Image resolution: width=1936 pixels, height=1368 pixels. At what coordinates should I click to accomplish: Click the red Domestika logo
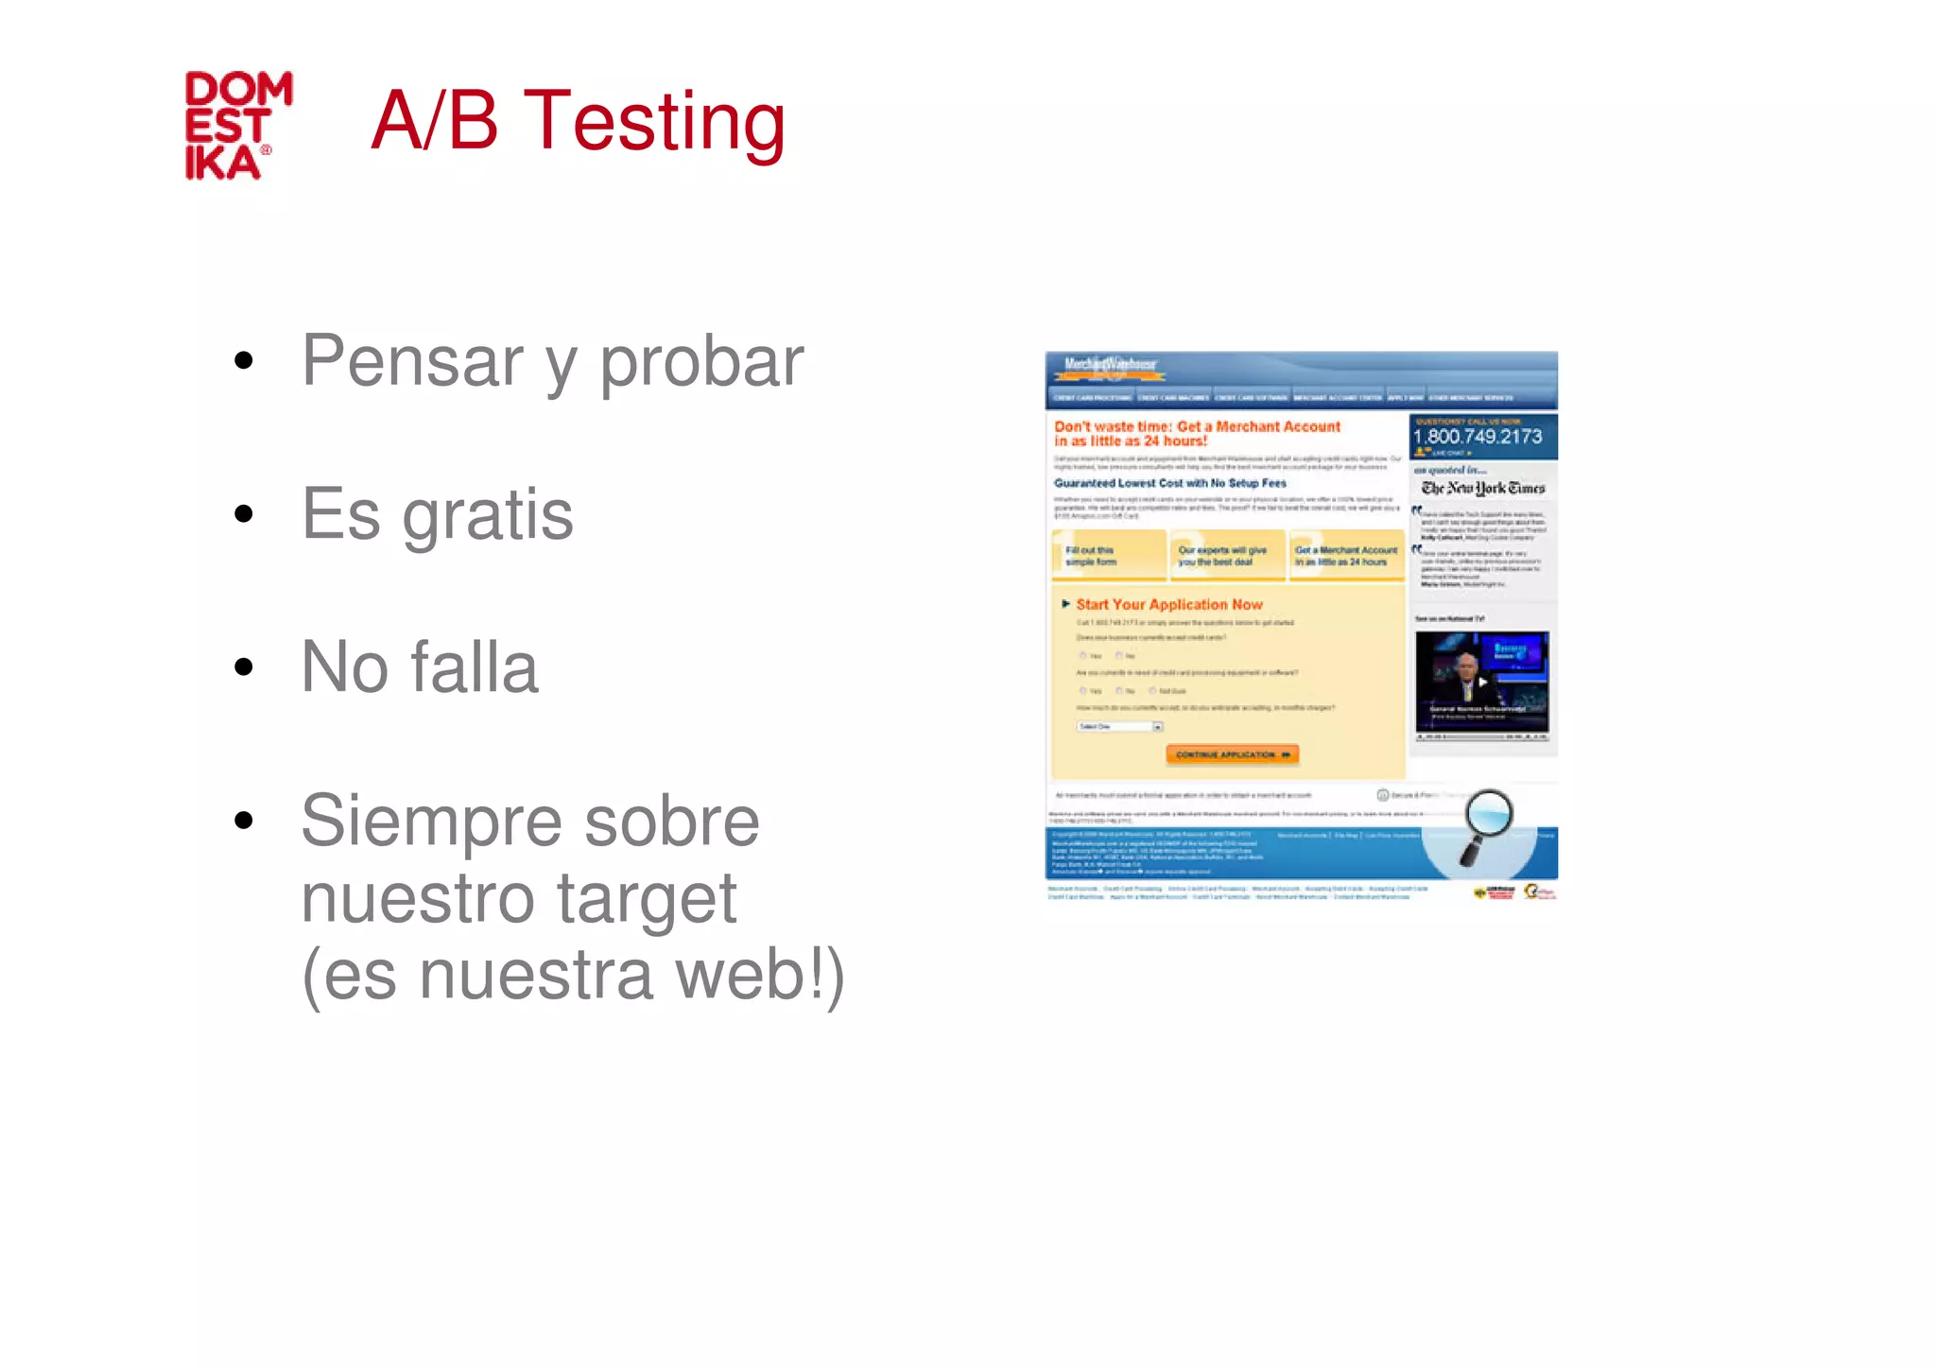coord(238,126)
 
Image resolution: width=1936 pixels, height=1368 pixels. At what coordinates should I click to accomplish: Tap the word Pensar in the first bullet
coord(412,361)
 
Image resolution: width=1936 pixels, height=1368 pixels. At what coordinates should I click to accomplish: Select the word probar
coord(701,363)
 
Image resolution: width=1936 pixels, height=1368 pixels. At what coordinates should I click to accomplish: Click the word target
coord(647,900)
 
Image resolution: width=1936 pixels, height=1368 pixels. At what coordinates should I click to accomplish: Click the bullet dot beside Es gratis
coord(244,514)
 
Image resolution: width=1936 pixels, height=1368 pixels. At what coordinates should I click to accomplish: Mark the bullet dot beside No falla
coord(244,667)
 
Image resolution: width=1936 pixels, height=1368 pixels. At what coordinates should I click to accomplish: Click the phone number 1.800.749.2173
coord(1477,437)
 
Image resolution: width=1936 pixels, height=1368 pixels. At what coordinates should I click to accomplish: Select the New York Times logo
coord(1482,488)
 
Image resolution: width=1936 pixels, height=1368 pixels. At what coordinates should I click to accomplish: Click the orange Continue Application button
coord(1232,754)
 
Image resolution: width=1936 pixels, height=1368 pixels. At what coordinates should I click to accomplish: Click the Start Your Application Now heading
coord(1168,604)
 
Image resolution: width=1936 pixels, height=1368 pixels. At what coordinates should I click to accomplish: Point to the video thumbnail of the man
coord(1481,683)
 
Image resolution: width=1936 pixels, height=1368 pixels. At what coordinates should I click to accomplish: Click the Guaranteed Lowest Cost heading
coord(1170,483)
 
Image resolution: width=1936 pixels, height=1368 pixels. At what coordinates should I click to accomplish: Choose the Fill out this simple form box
coord(1108,556)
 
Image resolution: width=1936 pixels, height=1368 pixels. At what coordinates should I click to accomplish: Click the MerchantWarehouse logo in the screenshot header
coord(1110,365)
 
